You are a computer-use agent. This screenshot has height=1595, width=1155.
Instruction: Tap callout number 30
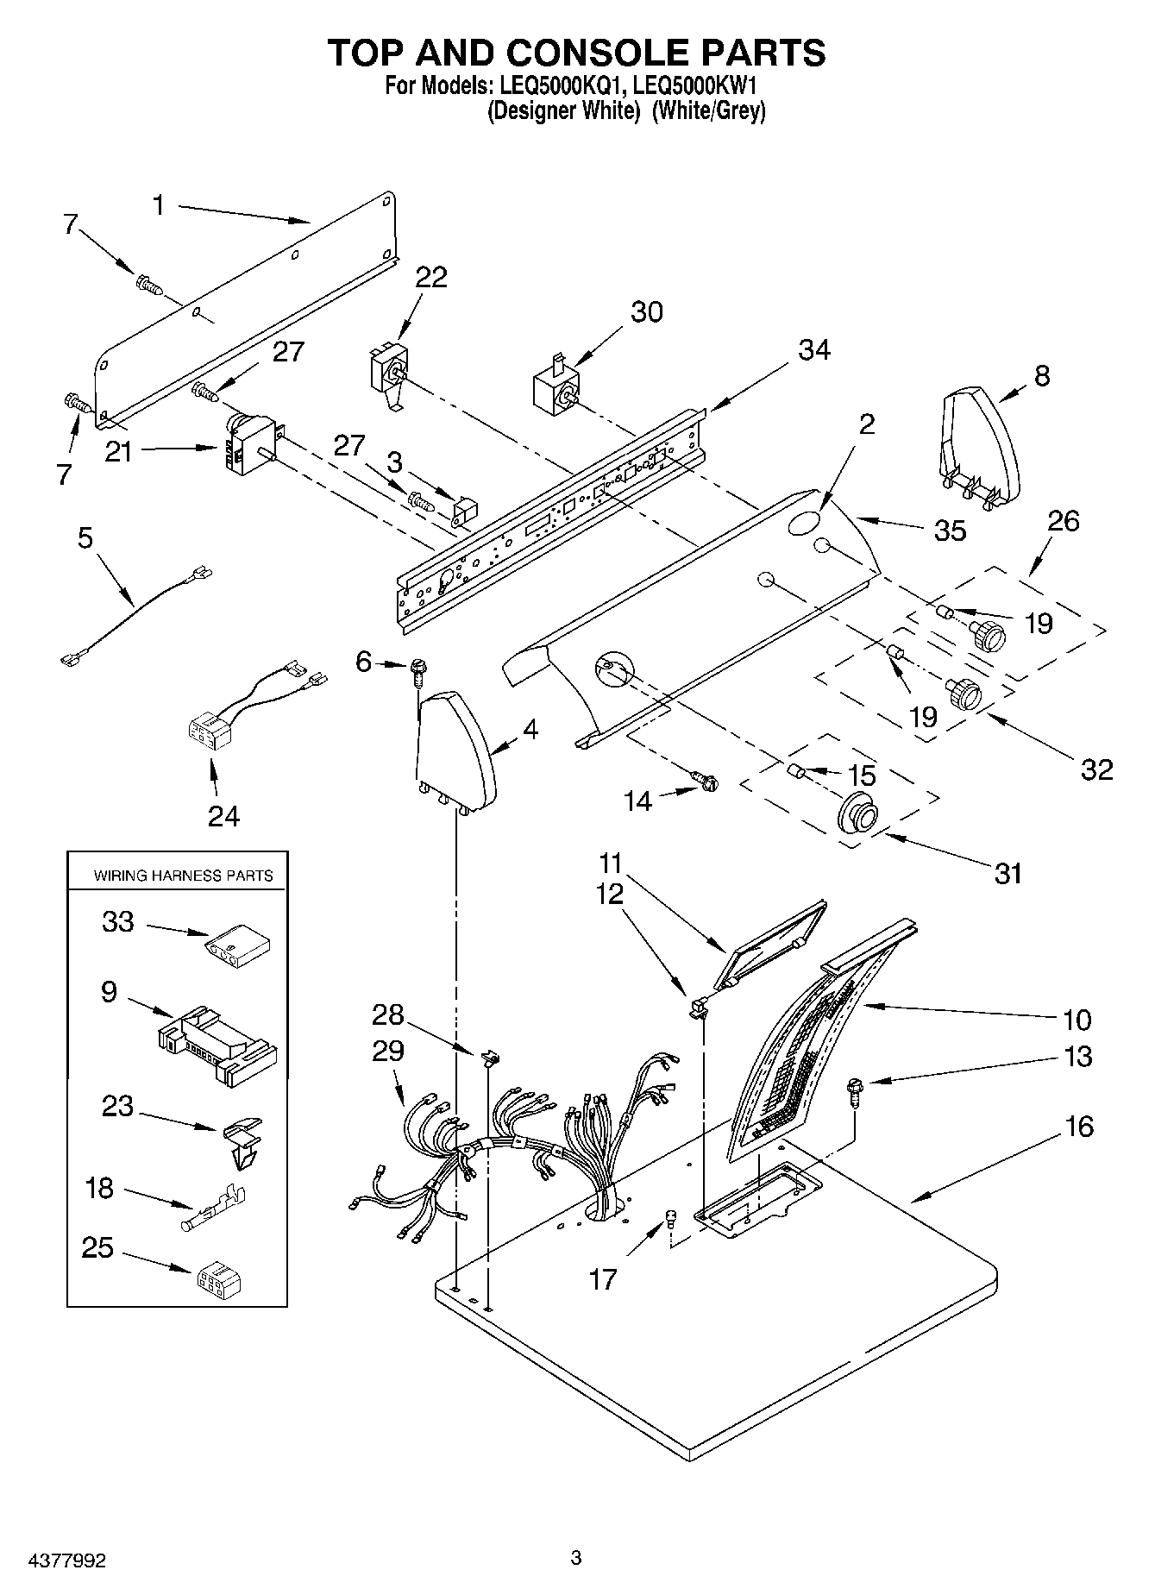pyautogui.click(x=646, y=311)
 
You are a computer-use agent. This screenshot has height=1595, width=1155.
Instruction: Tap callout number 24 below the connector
pyautogui.click(x=223, y=814)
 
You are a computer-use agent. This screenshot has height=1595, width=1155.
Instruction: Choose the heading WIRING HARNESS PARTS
pyautogui.click(x=183, y=876)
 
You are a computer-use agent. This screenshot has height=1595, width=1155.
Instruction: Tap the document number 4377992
pyautogui.click(x=54, y=1560)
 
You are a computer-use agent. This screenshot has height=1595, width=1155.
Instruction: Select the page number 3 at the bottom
pyautogui.click(x=576, y=1557)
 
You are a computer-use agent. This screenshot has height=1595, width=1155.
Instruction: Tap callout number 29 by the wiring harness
pyautogui.click(x=388, y=1051)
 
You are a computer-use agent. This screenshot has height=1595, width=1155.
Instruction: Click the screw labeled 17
pyautogui.click(x=671, y=1218)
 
